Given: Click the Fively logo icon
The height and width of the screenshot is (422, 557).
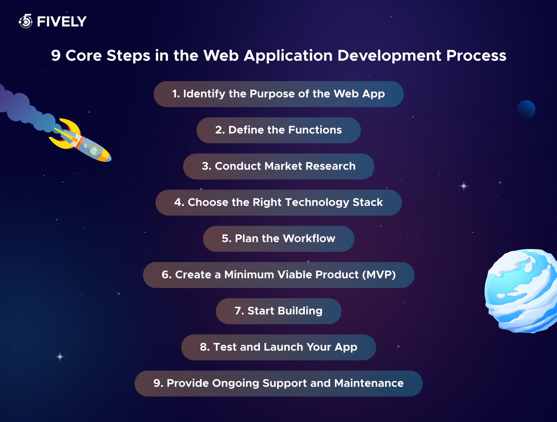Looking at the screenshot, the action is (x=26, y=21).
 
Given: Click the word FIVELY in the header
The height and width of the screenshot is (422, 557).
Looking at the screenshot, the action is (x=62, y=22).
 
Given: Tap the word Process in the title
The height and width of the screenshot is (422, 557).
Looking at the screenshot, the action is (x=476, y=56).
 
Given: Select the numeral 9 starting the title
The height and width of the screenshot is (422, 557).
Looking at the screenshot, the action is (x=56, y=56).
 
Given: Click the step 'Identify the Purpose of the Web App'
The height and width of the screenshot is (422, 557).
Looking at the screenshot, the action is (x=278, y=94).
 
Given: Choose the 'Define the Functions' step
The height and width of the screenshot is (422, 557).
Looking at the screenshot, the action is (x=278, y=130).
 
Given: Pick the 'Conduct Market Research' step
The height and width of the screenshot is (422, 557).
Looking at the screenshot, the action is (x=278, y=166).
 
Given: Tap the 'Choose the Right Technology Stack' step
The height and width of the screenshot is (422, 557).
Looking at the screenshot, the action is (x=278, y=202).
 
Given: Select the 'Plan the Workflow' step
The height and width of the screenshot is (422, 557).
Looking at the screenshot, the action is (x=278, y=239).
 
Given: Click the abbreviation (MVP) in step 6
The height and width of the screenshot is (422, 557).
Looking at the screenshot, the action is (x=379, y=274).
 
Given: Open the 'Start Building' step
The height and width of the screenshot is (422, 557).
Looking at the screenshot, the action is (x=278, y=311).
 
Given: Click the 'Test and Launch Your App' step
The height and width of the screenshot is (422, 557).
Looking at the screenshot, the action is (x=278, y=347).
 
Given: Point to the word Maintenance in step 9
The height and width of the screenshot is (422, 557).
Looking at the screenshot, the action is (x=369, y=383).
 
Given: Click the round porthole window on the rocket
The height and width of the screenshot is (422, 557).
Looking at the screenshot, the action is (x=94, y=150).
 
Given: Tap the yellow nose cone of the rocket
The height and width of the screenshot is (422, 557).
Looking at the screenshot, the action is (x=105, y=157).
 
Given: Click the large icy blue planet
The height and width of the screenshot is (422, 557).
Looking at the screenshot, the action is (x=521, y=291).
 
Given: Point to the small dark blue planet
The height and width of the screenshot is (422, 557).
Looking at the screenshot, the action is (x=526, y=109).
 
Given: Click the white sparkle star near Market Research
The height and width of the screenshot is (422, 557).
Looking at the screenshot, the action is (x=464, y=186).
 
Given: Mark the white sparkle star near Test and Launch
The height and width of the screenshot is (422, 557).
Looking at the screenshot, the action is (x=60, y=357).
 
